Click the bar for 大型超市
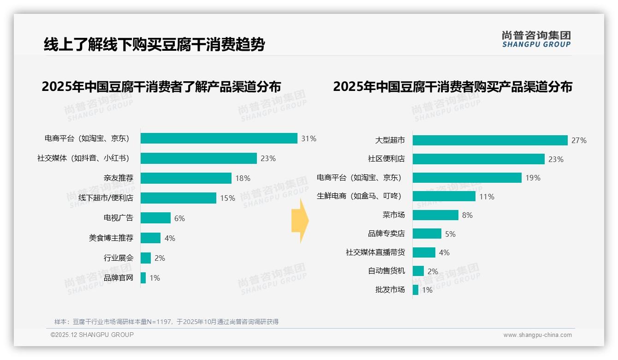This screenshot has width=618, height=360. [x=490, y=140]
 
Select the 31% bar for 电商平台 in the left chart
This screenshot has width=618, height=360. [x=219, y=138]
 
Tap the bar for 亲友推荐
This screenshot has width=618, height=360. [x=186, y=178]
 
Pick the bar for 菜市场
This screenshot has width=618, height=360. [x=435, y=215]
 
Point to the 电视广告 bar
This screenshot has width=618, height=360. [x=155, y=218]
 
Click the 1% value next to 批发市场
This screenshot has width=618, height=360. [x=427, y=290]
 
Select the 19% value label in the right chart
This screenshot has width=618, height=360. [x=533, y=178]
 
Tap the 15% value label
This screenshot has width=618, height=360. [x=227, y=198]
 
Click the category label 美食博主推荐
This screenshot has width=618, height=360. [x=111, y=238]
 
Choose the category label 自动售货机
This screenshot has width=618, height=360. [x=386, y=271]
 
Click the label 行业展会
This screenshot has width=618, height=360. [x=119, y=258]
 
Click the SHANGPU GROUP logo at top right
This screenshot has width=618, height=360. [x=536, y=39]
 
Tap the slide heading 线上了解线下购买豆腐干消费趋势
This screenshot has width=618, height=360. [x=154, y=45]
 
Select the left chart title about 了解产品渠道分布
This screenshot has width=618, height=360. [x=161, y=87]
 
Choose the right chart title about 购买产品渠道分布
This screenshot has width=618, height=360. [x=452, y=87]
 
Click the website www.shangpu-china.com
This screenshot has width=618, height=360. [x=537, y=335]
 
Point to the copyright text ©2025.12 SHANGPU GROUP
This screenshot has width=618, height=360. [x=92, y=335]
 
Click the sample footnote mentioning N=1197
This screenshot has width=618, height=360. [x=166, y=322]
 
